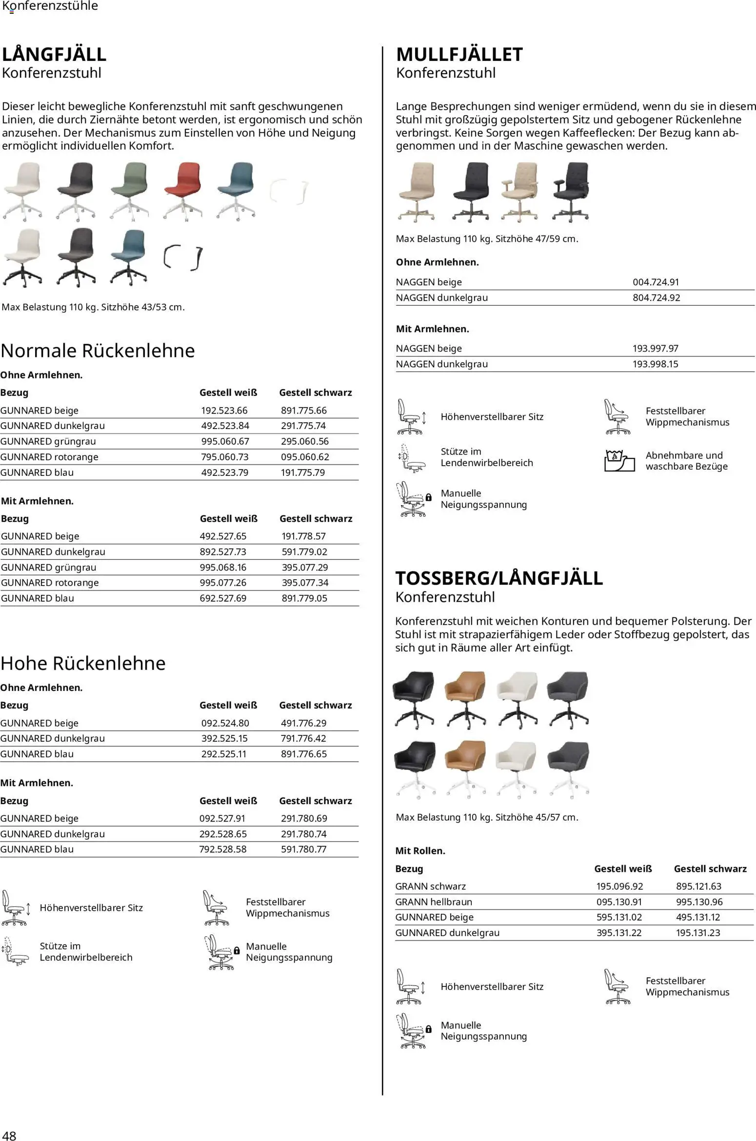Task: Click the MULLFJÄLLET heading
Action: (459, 54)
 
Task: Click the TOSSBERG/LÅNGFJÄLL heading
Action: (498, 578)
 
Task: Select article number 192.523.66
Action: (224, 411)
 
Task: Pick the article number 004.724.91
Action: (656, 282)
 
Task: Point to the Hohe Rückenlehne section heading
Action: (83, 663)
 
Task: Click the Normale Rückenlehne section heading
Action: (98, 351)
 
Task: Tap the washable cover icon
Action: (619, 461)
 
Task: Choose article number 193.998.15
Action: (655, 364)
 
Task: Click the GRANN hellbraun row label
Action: (434, 902)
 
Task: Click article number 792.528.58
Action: (223, 849)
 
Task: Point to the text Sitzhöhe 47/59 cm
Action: (537, 239)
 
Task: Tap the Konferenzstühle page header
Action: (50, 6)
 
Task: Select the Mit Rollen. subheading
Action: (420, 851)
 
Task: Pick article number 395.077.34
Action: (305, 583)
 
